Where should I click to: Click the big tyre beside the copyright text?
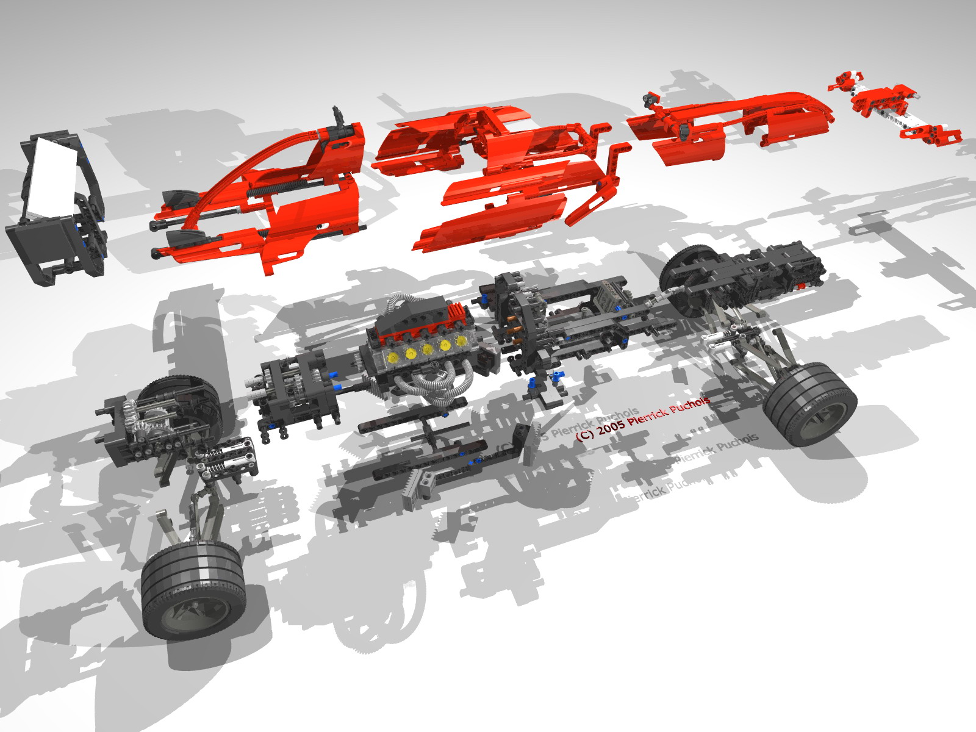810,403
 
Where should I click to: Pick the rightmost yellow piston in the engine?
462,340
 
